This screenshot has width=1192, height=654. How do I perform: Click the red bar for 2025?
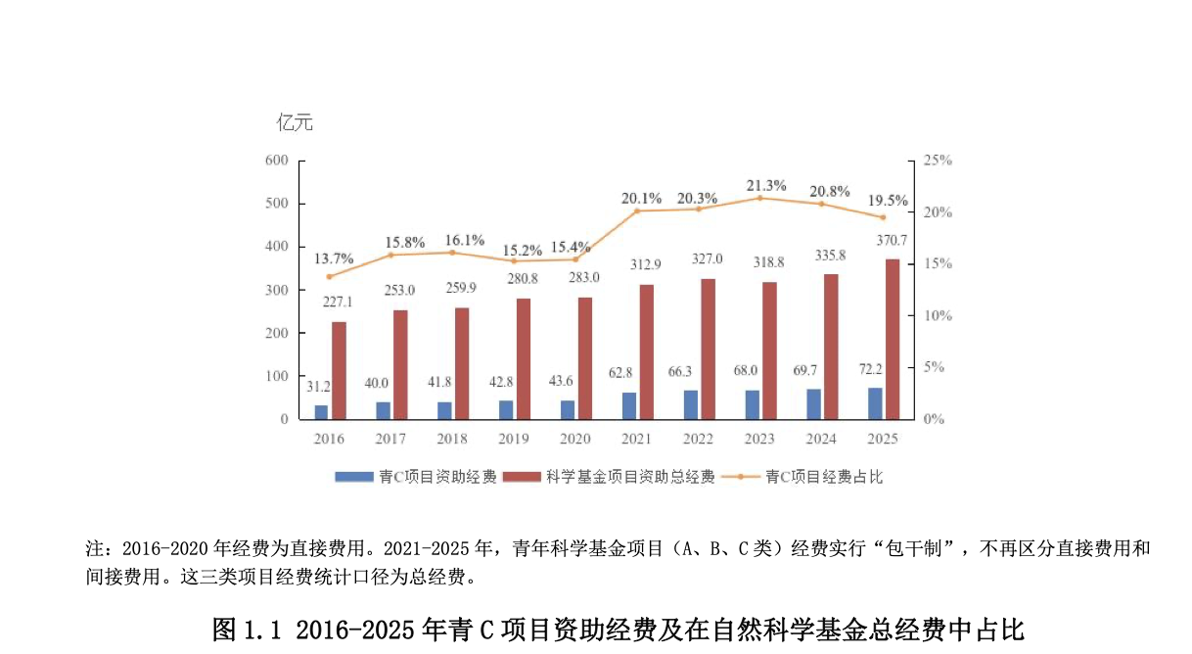893,340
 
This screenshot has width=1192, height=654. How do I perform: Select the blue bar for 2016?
321,412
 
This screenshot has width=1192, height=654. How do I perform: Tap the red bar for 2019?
524,359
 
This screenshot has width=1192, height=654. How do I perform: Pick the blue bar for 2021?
629,406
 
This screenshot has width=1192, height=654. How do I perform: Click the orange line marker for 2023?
759,198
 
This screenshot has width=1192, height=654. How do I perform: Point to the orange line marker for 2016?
329,277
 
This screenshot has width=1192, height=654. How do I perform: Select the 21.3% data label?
766,185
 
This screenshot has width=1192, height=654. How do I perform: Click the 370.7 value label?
892,241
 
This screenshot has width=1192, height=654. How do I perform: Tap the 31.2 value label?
318,387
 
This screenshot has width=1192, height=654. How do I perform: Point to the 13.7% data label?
334,258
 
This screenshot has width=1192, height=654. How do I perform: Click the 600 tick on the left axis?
277,161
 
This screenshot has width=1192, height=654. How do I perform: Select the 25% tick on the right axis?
938,161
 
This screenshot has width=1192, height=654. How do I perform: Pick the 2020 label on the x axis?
575,439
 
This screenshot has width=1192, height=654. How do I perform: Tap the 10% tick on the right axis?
938,315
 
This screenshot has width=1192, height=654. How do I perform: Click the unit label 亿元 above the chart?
295,123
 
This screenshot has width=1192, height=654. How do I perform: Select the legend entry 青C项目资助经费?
416,477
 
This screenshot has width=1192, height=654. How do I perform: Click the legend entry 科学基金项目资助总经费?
609,477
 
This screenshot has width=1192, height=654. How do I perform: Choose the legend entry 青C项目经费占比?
802,477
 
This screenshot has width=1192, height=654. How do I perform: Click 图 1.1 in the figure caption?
247,631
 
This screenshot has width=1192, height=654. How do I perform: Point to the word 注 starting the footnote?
94,548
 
